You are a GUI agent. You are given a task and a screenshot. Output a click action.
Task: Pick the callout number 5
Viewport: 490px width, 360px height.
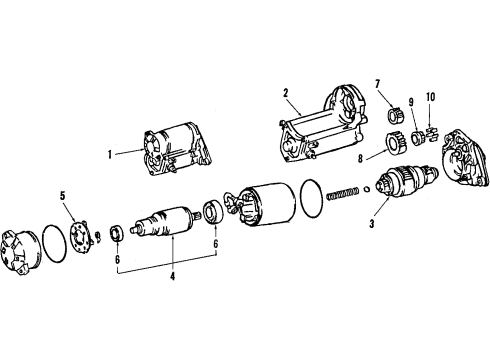(x=62, y=195)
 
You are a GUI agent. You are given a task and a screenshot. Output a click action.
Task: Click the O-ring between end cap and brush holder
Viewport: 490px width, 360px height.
(x=59, y=243)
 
